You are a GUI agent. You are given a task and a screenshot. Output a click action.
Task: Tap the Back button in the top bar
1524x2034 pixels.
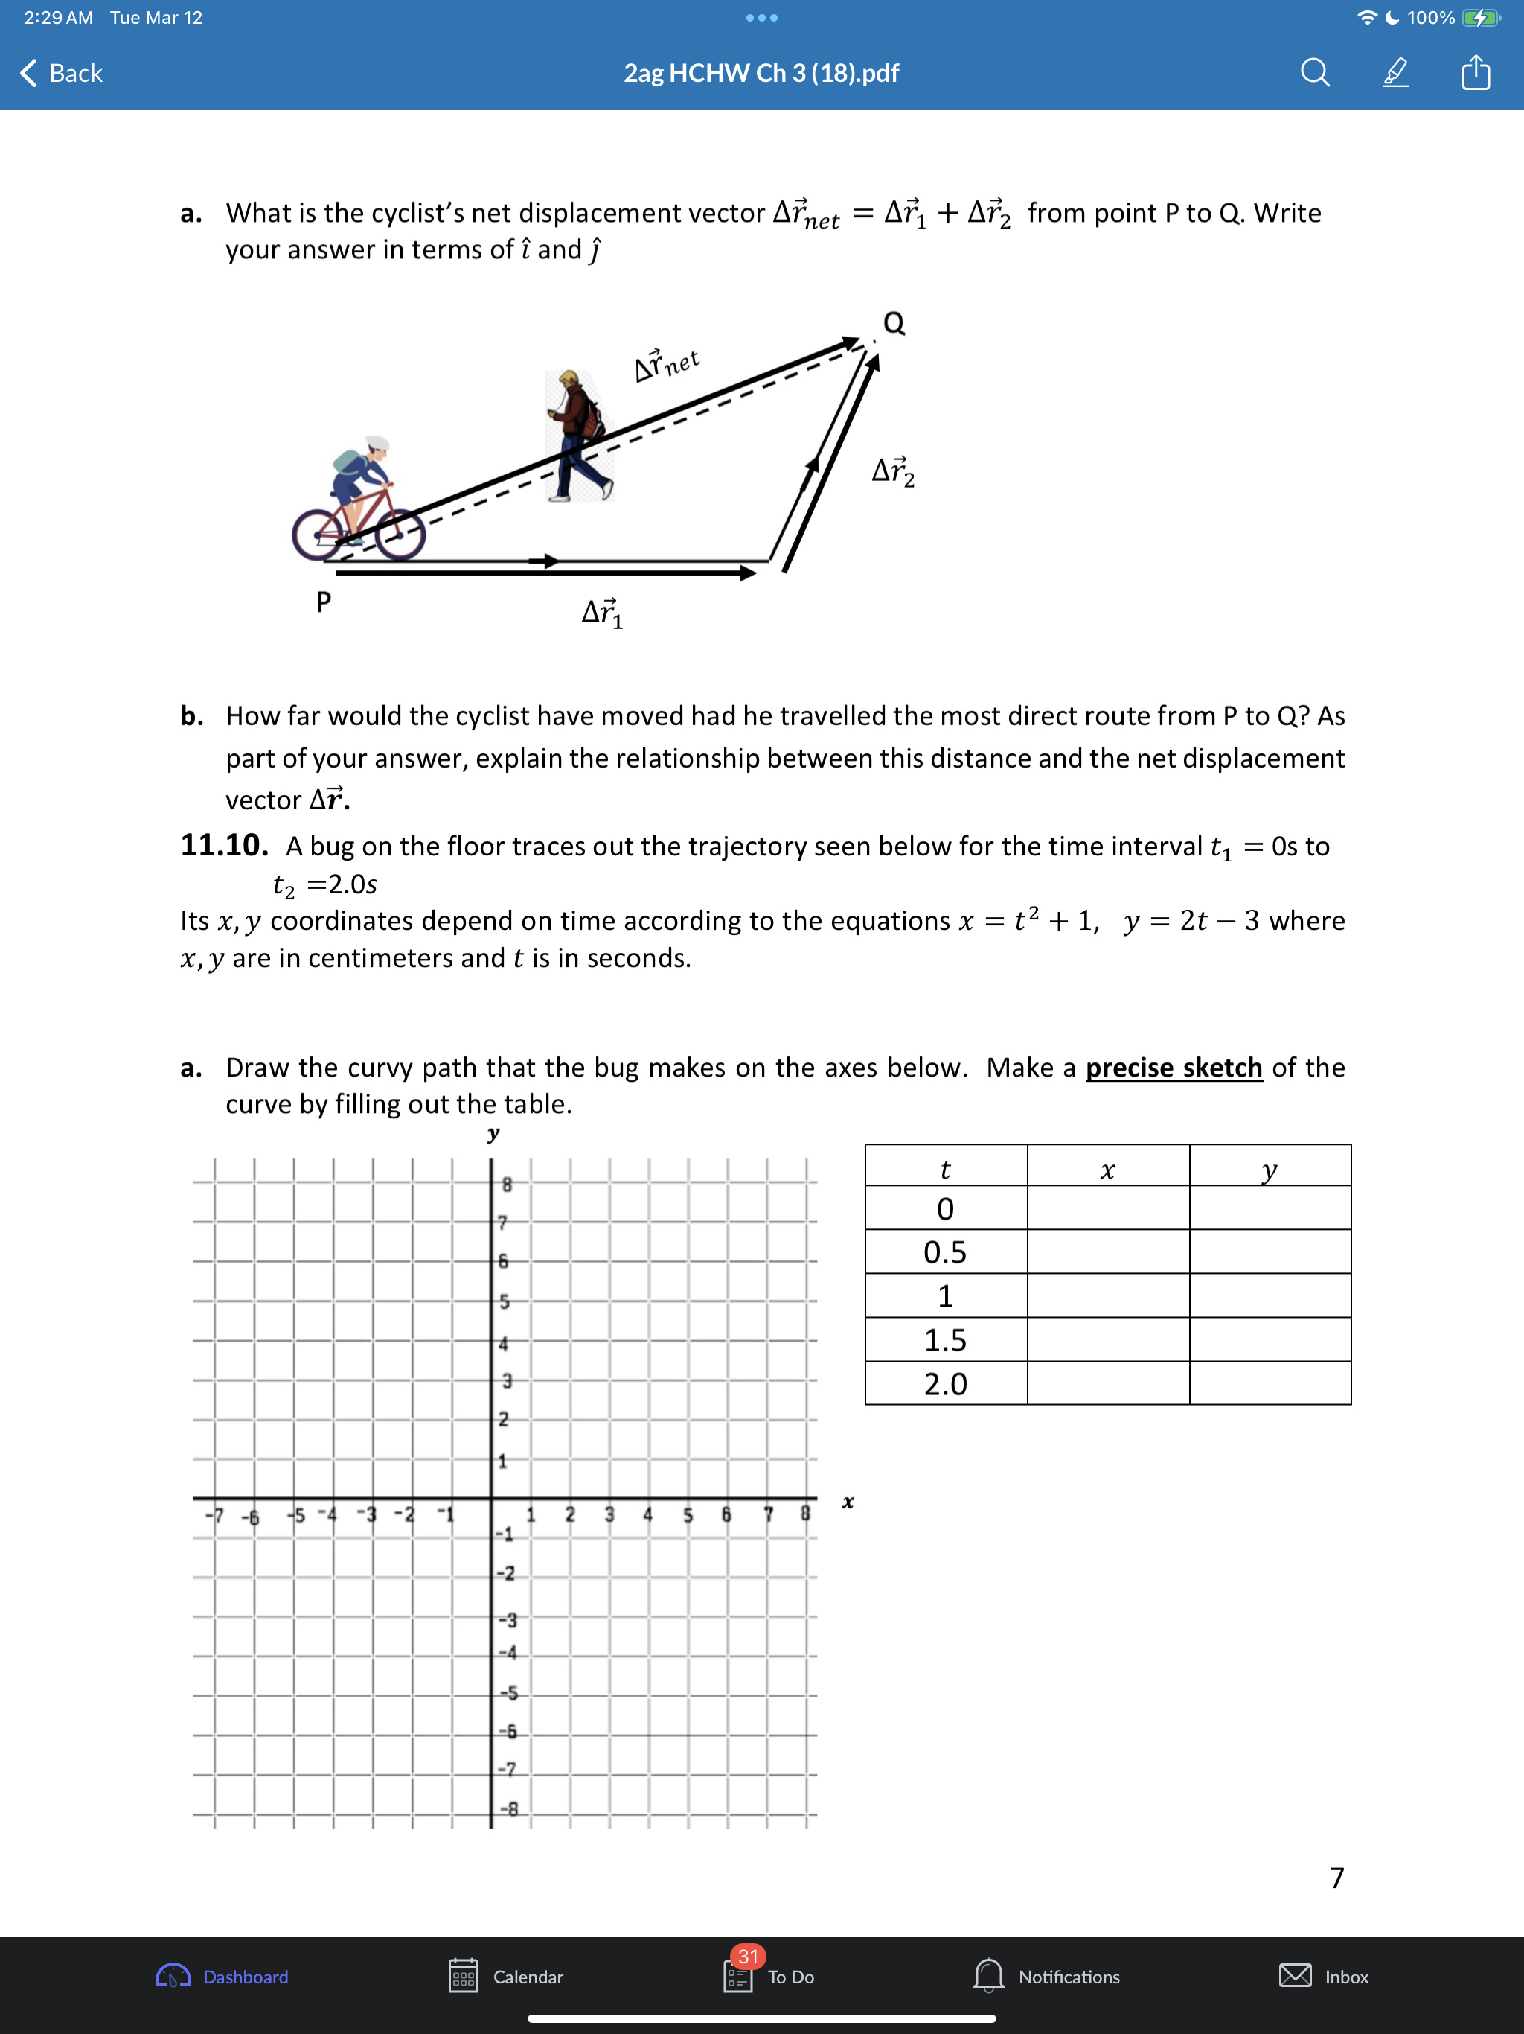coord(62,73)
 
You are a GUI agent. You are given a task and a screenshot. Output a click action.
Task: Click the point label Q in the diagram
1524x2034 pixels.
coord(894,324)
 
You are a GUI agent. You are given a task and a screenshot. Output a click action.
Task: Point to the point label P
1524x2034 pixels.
coord(324,602)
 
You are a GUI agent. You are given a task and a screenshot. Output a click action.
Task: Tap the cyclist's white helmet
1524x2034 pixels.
coord(377,444)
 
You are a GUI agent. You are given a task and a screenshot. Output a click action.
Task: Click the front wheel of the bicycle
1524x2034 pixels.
coord(401,535)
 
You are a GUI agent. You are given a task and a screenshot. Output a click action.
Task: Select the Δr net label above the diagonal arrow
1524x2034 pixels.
coord(667,364)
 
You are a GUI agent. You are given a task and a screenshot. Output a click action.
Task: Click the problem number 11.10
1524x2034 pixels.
coord(224,845)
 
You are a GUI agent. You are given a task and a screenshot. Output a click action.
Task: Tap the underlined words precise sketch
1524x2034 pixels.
coord(1174,1068)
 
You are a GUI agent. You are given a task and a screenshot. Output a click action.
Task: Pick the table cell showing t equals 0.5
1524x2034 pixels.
coord(945,1252)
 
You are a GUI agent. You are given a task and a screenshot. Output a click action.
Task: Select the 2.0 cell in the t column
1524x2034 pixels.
coord(945,1384)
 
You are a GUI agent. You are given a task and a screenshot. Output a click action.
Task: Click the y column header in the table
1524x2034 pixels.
coord(1270,1170)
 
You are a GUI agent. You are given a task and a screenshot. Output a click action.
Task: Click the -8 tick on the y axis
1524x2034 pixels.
coord(508,1808)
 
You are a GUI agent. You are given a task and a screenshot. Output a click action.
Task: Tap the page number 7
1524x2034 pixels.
coord(1337,1878)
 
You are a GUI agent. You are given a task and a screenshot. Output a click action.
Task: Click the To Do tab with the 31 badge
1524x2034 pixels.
coord(770,1976)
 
